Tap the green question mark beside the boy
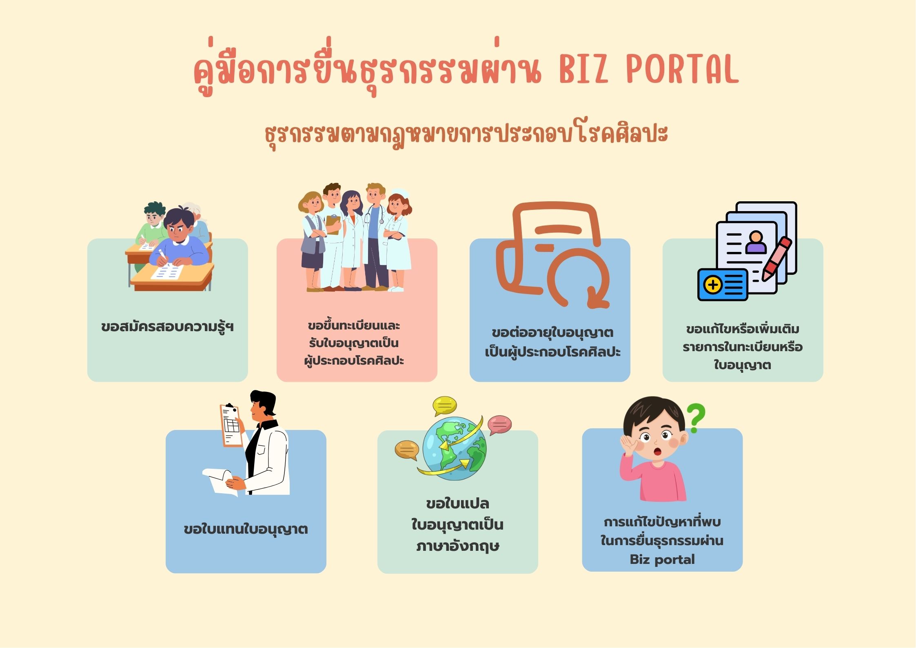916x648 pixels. [x=696, y=419]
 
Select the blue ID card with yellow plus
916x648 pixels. [x=723, y=285]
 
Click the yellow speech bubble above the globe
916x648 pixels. [x=445, y=406]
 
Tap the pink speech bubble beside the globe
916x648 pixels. [x=499, y=425]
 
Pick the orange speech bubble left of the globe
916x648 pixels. [x=407, y=450]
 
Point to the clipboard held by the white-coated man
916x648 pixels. [x=231, y=425]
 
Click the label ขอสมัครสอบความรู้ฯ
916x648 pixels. [x=167, y=327]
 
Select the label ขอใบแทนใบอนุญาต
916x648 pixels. [x=246, y=530]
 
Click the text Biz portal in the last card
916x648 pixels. [x=662, y=559]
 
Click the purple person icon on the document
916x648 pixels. [x=756, y=242]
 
